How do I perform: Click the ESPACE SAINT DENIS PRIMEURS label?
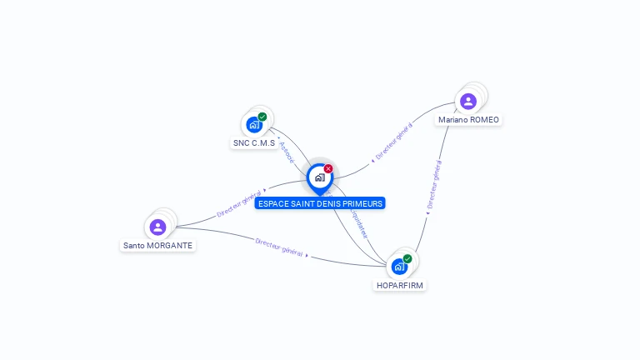tap(320, 203)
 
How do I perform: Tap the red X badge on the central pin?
tap(328, 168)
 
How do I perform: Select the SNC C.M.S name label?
tap(253, 143)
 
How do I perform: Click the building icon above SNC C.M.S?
tap(254, 125)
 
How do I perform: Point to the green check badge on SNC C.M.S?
tap(262, 117)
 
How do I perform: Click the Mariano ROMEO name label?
tap(468, 120)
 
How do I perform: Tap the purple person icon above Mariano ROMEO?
tap(468, 101)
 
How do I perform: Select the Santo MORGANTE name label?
tap(157, 246)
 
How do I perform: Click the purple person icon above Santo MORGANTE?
tap(157, 227)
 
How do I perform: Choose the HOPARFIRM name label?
tap(399, 285)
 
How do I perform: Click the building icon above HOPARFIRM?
tap(399, 267)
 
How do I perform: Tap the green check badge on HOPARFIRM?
tap(407, 258)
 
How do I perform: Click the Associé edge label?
tap(287, 152)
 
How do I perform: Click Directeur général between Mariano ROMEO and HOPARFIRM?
tap(433, 186)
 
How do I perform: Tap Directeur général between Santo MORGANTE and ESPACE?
tap(239, 203)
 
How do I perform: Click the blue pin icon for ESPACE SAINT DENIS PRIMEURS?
tap(319, 177)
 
